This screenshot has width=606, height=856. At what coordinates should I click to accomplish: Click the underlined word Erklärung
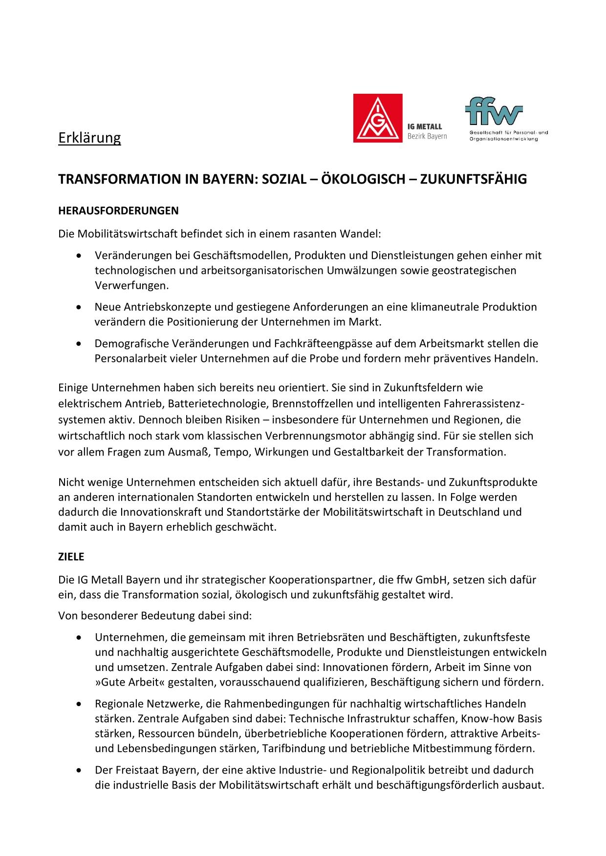click(89, 138)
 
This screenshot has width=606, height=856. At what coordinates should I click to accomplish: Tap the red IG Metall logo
click(378, 118)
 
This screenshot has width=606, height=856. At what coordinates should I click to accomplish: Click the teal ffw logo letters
click(493, 111)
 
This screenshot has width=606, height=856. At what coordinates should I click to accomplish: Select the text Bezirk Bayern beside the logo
click(427, 136)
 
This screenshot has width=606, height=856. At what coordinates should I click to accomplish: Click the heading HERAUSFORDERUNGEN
click(118, 211)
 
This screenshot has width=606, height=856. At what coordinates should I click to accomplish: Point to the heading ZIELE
click(71, 557)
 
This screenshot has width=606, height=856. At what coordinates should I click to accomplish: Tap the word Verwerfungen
click(131, 286)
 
